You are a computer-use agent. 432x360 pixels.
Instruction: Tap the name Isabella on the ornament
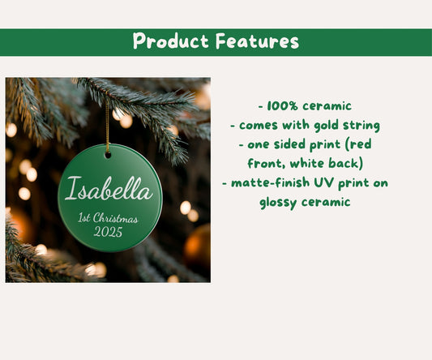[109, 191]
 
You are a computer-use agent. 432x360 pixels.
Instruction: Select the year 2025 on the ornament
[108, 233]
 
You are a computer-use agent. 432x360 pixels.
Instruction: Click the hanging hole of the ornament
[108, 154]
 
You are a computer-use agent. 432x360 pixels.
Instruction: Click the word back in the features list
[346, 163]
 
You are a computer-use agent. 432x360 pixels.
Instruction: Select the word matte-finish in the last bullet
[271, 182]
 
